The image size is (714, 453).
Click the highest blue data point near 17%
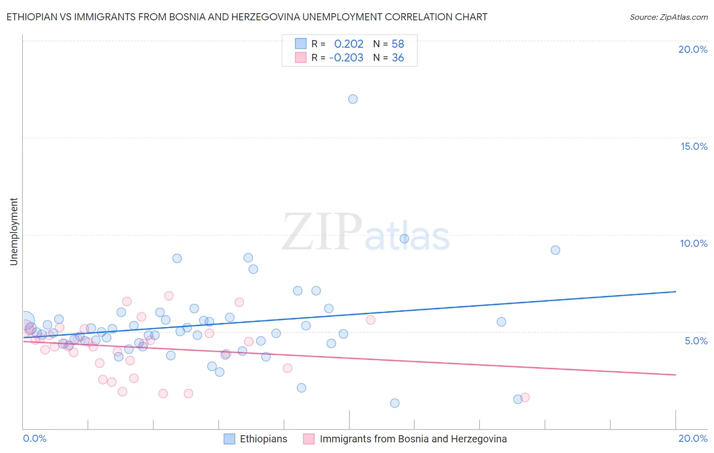click(x=353, y=99)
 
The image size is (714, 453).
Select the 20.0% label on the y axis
click(x=693, y=49)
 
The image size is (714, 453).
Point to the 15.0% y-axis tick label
click(x=694, y=146)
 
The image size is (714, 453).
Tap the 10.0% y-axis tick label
click(x=694, y=243)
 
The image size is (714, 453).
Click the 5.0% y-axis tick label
click(x=696, y=341)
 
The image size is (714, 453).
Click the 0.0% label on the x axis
click(x=35, y=438)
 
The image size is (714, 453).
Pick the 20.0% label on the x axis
click(x=693, y=438)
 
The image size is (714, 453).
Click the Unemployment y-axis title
click(x=14, y=232)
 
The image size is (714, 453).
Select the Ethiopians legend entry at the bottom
click(x=263, y=439)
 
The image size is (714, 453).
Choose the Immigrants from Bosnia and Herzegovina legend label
click(x=413, y=439)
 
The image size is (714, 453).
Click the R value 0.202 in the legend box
click(x=349, y=44)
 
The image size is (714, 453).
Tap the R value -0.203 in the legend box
click(x=346, y=58)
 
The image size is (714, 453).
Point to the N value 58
click(x=398, y=44)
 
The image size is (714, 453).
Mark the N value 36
click(x=398, y=58)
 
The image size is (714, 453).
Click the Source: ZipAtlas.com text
click(x=668, y=17)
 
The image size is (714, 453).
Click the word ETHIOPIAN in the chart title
click(x=31, y=17)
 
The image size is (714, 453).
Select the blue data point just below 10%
click(x=404, y=239)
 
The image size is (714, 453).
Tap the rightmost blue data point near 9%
click(x=556, y=250)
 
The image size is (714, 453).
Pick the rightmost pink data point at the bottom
click(x=525, y=397)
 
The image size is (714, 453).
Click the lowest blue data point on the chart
click(x=395, y=403)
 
